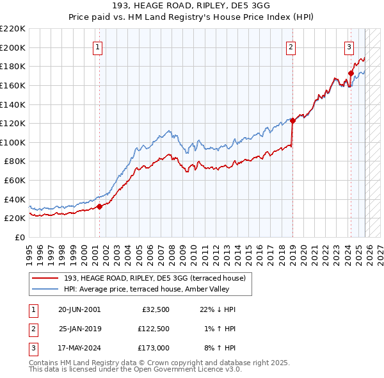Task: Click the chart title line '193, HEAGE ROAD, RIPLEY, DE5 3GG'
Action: [x=192, y=6]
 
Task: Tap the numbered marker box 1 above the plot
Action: [x=98, y=46]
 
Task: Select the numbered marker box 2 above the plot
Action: [x=291, y=46]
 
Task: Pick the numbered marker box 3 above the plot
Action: [x=349, y=46]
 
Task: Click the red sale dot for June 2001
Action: [x=99, y=206]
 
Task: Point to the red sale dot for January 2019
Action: [x=292, y=120]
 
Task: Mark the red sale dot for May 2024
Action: [x=351, y=72]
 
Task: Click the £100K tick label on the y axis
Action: [x=13, y=142]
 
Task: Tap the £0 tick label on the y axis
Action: [x=19, y=238]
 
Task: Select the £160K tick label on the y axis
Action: [x=13, y=85]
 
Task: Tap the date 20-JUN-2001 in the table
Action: [x=79, y=309]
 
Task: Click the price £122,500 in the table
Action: [x=154, y=328]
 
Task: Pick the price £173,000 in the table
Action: [x=154, y=348]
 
